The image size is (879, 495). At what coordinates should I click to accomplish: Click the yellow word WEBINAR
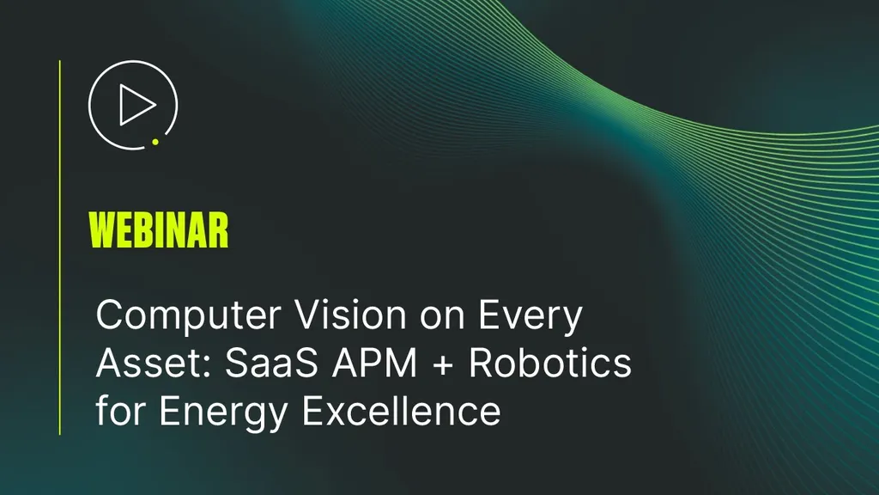(x=159, y=230)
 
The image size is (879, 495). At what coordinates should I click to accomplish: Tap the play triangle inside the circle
(x=134, y=105)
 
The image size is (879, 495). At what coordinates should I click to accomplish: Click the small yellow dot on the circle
(x=155, y=142)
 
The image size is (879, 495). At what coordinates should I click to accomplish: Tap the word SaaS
(x=272, y=363)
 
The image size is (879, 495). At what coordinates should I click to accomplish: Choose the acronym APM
(x=374, y=363)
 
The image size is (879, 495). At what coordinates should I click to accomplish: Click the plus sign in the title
(x=443, y=364)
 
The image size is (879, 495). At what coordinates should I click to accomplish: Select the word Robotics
(x=550, y=363)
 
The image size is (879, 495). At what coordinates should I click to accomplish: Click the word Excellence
(x=402, y=411)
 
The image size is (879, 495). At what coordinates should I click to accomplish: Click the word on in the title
(x=443, y=318)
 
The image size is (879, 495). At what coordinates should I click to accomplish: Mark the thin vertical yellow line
(x=60, y=247)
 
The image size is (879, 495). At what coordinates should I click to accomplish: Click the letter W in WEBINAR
(x=102, y=230)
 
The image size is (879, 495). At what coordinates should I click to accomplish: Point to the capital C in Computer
(x=109, y=315)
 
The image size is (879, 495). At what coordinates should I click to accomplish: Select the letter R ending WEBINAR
(x=219, y=230)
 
